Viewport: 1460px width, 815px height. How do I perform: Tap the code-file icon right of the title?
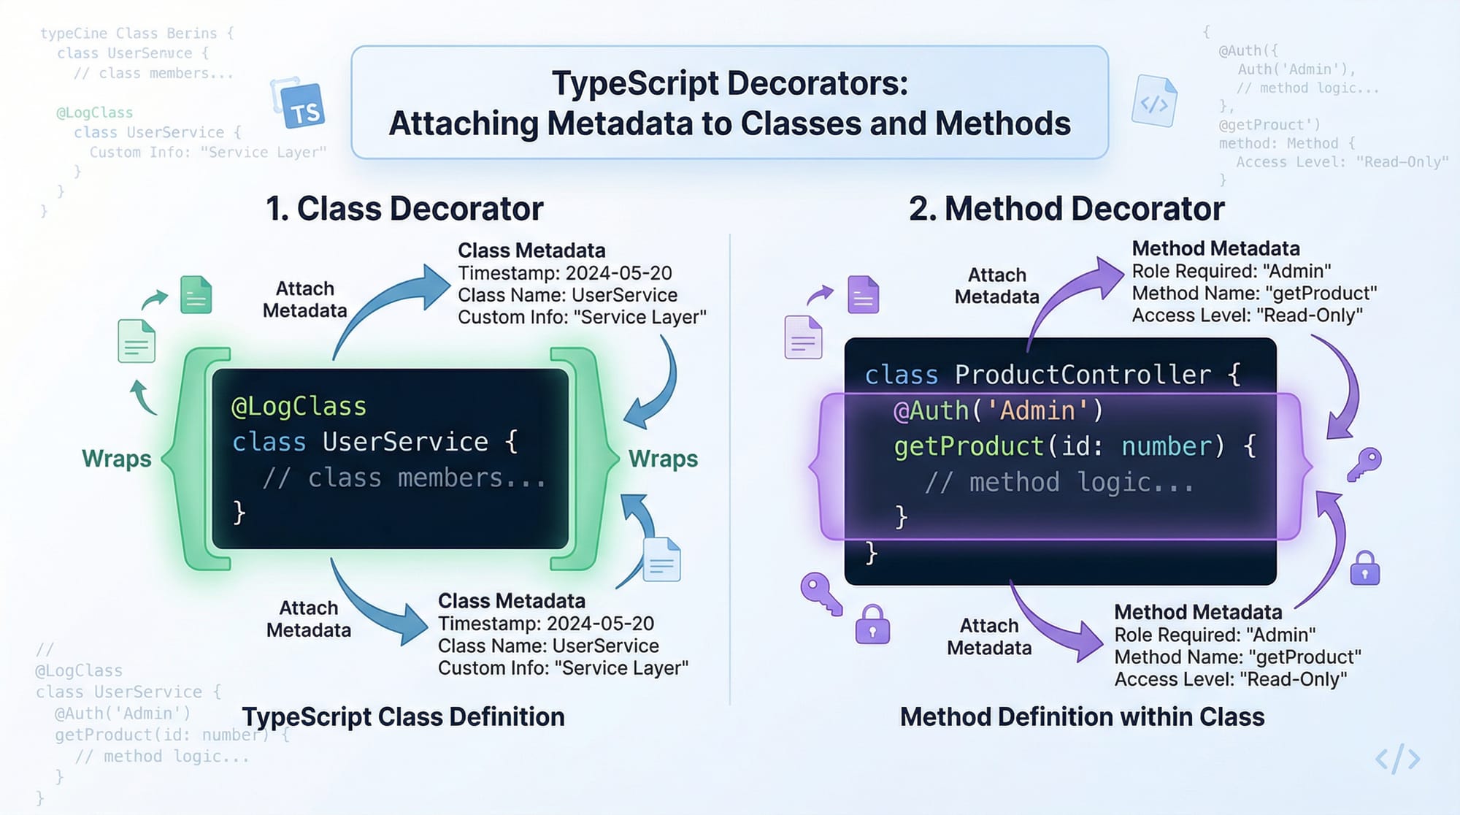pos(1155,102)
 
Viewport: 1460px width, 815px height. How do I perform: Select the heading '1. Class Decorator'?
pos(404,209)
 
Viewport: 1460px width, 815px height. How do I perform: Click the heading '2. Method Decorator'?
pos(1066,209)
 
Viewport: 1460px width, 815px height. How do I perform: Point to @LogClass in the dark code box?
pos(299,406)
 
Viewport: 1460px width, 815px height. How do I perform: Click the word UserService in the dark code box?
pos(405,442)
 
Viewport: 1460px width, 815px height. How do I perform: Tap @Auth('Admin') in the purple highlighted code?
pos(998,411)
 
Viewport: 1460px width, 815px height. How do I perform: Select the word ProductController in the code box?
pos(1082,375)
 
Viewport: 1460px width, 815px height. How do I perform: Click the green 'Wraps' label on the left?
pos(117,459)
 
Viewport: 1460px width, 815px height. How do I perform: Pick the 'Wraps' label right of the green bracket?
pos(663,459)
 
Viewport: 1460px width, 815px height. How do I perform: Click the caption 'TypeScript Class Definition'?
pos(403,717)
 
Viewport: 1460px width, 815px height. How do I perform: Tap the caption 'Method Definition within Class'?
pos(1082,717)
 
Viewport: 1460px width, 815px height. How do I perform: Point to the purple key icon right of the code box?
pos(1364,464)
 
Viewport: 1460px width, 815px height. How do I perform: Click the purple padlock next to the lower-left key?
pos(872,625)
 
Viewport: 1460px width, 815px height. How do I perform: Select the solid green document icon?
pos(196,294)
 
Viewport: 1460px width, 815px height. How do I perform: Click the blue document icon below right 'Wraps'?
pos(662,560)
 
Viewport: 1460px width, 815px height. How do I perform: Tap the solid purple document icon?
pos(863,294)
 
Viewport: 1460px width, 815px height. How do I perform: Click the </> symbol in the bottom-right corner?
pos(1397,759)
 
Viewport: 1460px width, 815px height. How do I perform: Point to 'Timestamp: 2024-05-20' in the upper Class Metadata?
pos(564,273)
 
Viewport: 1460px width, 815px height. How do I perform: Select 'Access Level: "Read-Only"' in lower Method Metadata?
pos(1230,679)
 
